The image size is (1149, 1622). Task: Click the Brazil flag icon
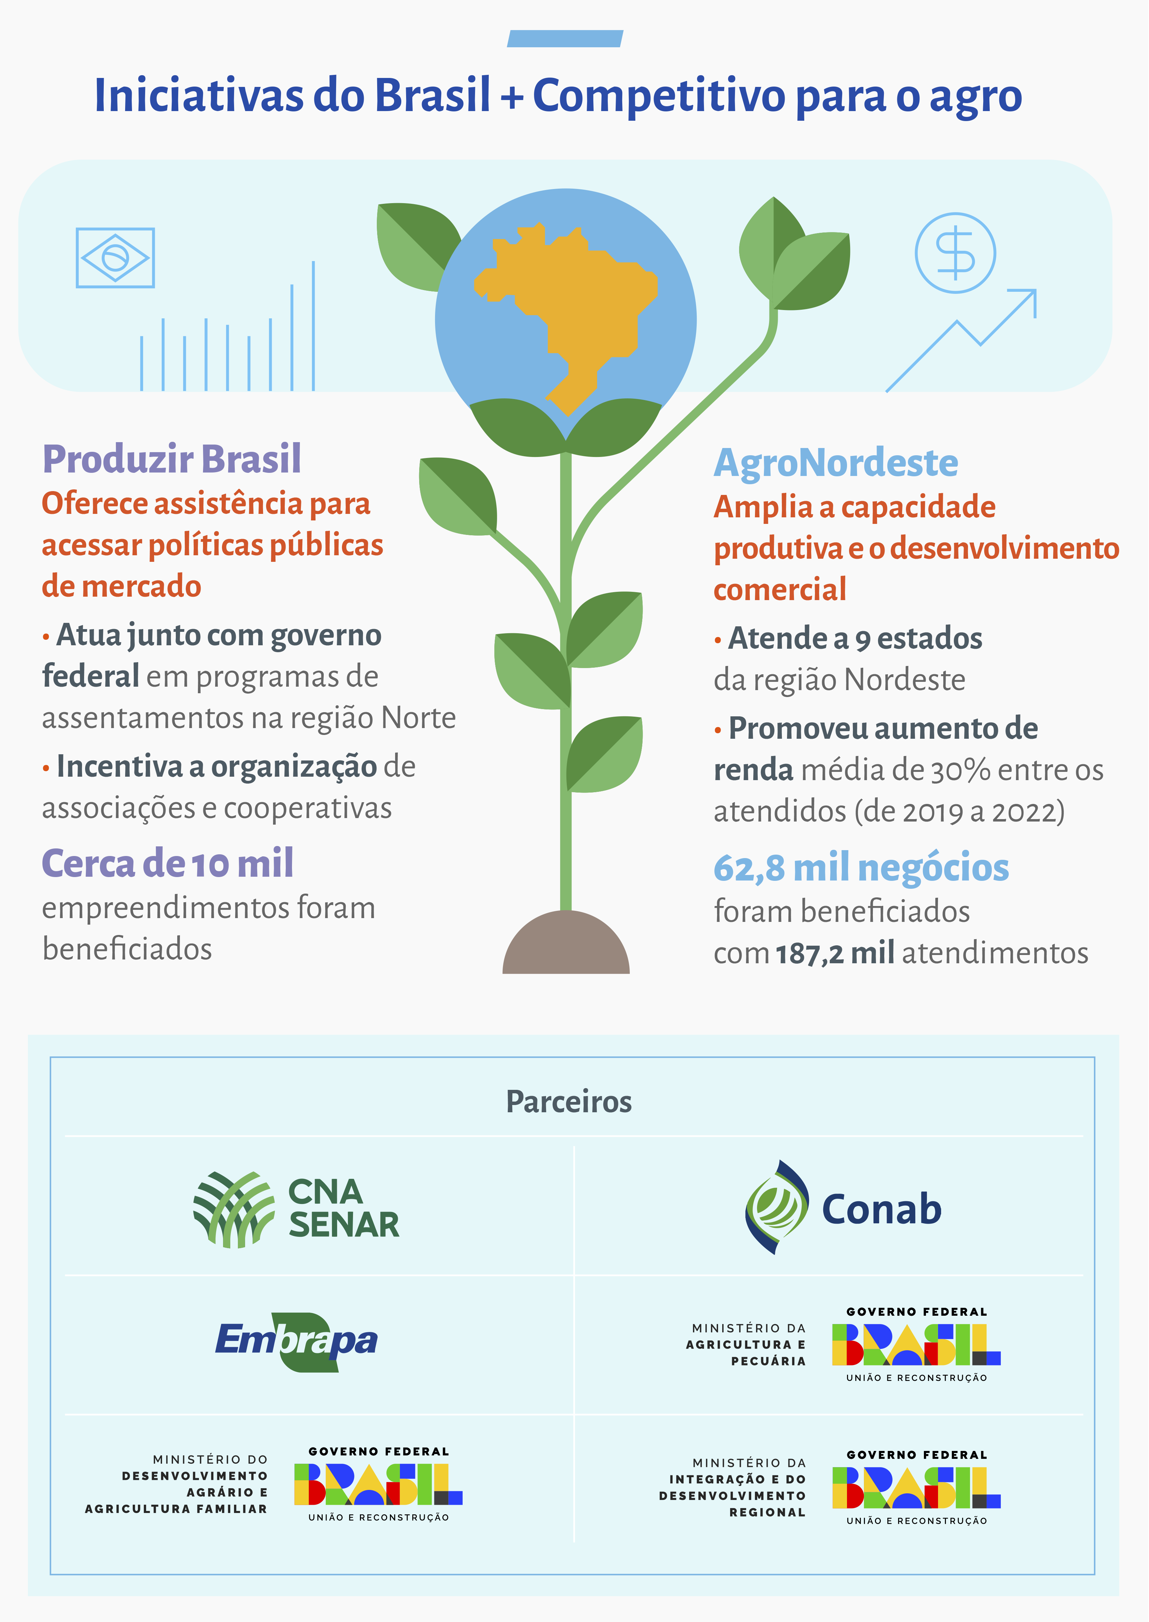(x=115, y=258)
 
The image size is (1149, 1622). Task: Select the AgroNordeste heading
(x=836, y=464)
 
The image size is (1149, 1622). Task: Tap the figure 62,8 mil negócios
(x=861, y=868)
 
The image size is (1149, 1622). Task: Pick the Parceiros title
(x=569, y=1102)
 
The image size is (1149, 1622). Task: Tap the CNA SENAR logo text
(x=344, y=1209)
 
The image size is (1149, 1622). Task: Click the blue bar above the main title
(x=565, y=39)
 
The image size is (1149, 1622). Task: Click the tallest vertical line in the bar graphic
(x=313, y=326)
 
